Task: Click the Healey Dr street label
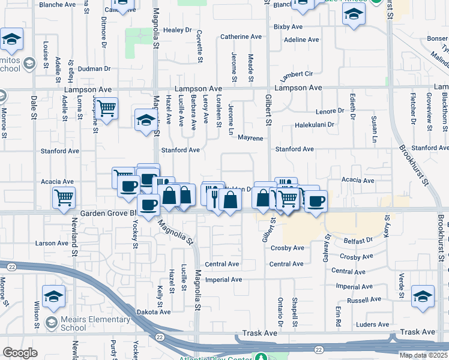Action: tap(176, 30)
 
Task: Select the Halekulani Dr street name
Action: tap(313, 125)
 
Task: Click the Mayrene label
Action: tap(250, 138)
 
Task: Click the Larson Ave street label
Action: tap(52, 243)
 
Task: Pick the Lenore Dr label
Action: tap(330, 111)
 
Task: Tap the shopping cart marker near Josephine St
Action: tap(107, 109)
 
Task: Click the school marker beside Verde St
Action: tap(423, 296)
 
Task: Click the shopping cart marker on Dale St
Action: tap(64, 197)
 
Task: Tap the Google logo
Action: tap(20, 353)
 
